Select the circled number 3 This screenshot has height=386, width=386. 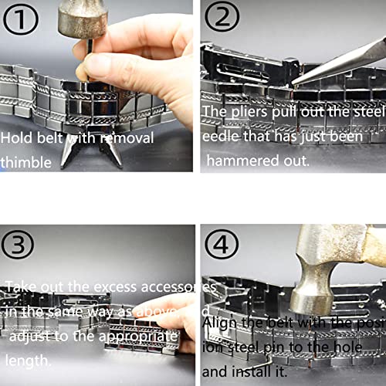tap(19, 244)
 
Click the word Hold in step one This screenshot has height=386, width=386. tap(17, 137)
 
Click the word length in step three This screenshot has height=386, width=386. tap(29, 360)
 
